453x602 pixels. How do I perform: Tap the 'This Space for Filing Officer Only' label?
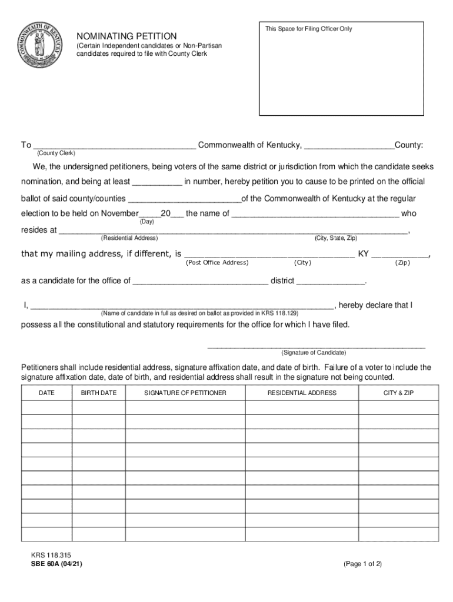click(x=308, y=29)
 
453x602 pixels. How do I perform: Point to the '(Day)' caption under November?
click(x=147, y=222)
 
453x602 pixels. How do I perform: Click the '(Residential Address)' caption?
click(x=129, y=238)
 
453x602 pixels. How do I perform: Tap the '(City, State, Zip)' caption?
click(x=336, y=238)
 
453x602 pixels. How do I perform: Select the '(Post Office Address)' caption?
click(x=217, y=262)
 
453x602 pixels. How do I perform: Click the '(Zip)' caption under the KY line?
click(x=402, y=262)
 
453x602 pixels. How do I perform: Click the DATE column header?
click(x=47, y=393)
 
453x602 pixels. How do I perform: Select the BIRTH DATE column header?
click(x=99, y=393)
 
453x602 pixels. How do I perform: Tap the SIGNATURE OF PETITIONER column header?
click(x=185, y=393)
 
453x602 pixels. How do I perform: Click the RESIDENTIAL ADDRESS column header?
click(x=302, y=393)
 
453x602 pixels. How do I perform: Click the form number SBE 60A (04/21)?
click(x=53, y=563)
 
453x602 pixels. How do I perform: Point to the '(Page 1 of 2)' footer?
click(x=362, y=563)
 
